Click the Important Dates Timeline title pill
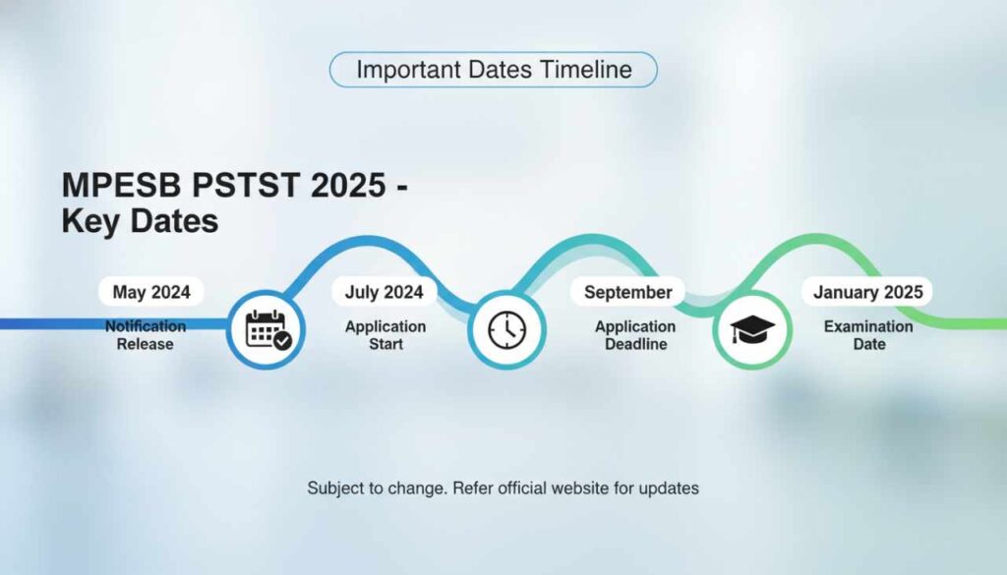[x=493, y=70]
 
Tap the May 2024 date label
[x=151, y=292]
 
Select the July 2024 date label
[x=384, y=292]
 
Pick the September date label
[x=627, y=292]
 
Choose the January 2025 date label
[x=867, y=292]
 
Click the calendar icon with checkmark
[x=267, y=330]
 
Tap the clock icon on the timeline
[x=506, y=330]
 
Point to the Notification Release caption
[x=146, y=335]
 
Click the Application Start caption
[x=385, y=335]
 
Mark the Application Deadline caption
[x=635, y=335]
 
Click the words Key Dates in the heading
[x=140, y=221]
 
